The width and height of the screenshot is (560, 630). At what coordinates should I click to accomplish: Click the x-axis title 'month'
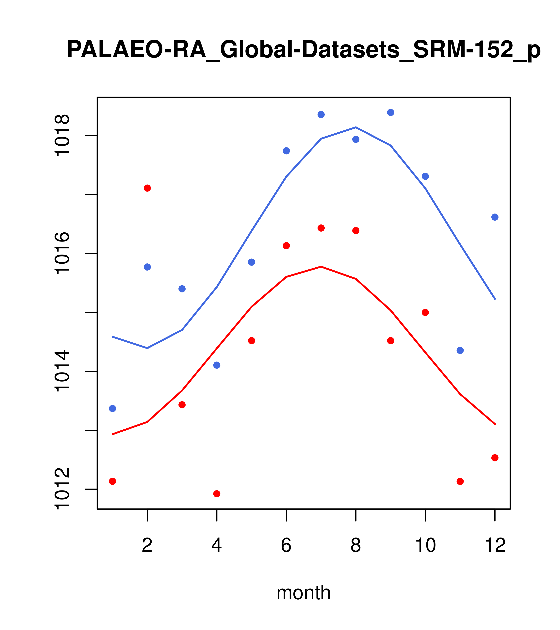tap(303, 592)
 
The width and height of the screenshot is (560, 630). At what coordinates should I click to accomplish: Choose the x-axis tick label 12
tap(495, 546)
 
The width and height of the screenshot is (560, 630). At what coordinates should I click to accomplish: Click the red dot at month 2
tap(147, 188)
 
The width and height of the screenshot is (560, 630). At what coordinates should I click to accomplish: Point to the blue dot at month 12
tap(495, 217)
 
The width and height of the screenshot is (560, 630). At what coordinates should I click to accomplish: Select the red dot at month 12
tap(495, 458)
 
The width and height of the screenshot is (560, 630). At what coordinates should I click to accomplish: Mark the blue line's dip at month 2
tap(147, 348)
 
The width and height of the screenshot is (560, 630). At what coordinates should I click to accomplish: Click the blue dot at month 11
tap(460, 350)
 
